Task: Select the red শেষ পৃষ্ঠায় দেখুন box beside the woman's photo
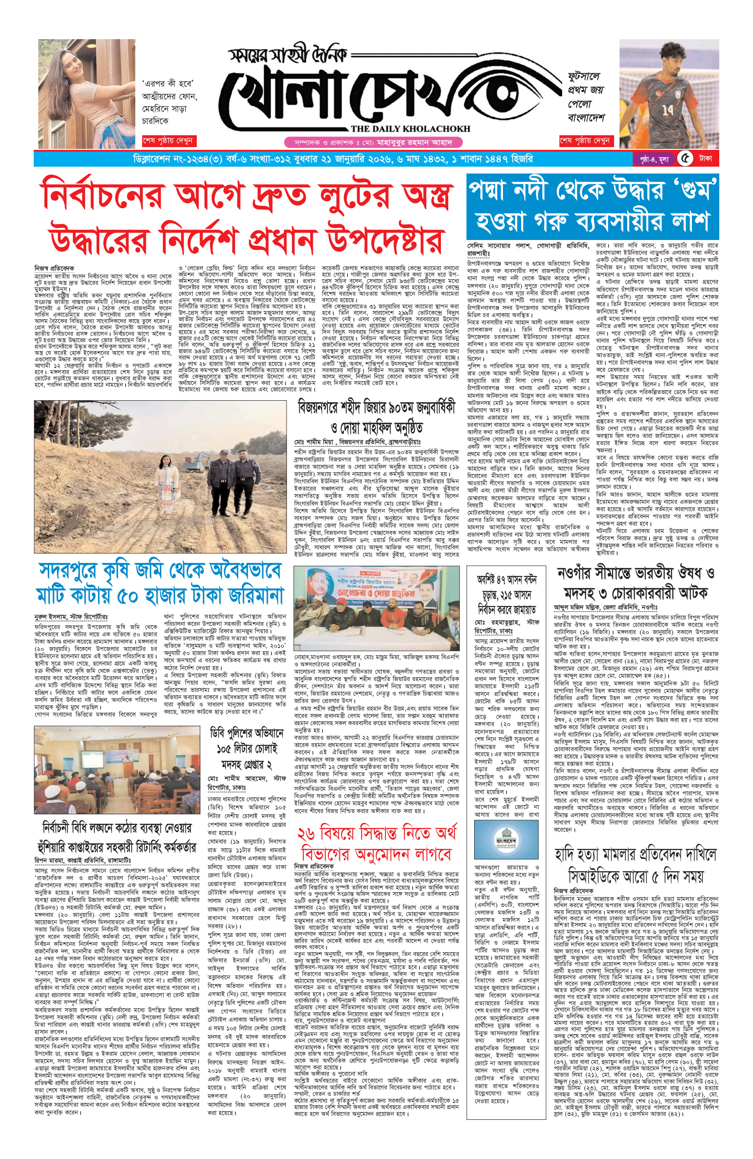[x=168, y=141]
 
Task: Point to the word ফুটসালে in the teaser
[x=584, y=77]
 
